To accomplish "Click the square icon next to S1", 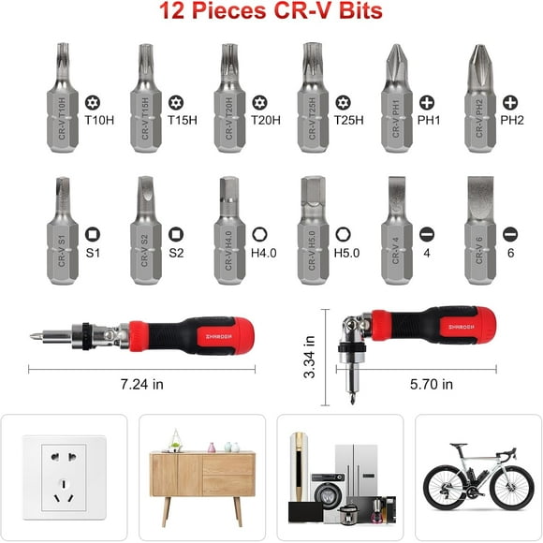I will coord(92,233).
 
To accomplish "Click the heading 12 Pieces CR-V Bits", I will coord(271,13).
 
